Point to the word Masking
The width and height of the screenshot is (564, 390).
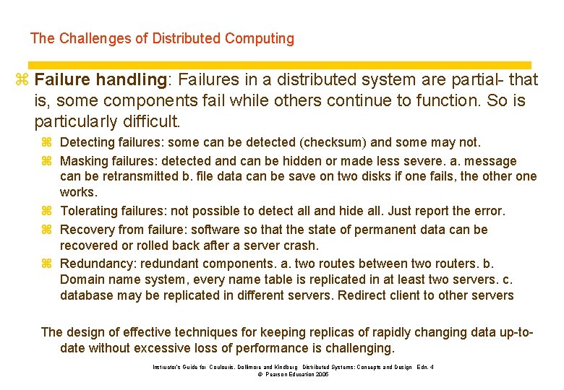(x=84, y=160)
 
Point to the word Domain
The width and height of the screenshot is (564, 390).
(x=82, y=279)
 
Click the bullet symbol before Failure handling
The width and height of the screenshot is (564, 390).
(x=22, y=79)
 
